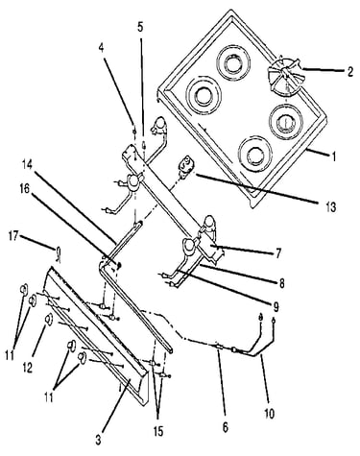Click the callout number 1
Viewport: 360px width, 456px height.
(333, 157)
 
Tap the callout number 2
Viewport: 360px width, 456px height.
(350, 71)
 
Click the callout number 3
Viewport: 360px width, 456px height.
(98, 441)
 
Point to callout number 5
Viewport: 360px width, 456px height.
(140, 28)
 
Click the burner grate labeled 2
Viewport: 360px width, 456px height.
(283, 76)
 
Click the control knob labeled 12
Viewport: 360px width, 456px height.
(48, 319)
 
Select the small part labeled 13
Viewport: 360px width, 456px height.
(184, 166)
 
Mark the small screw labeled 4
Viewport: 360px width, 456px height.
(135, 132)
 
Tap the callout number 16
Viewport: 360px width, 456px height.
(25, 189)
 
